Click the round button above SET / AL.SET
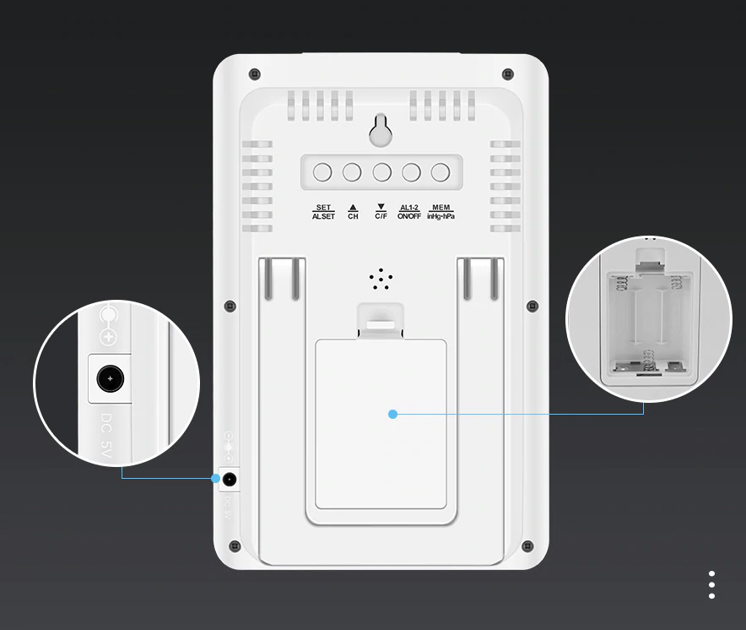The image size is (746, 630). pyautogui.click(x=322, y=172)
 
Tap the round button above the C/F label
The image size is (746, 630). pyautogui.click(x=381, y=172)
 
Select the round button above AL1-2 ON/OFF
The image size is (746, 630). pyautogui.click(x=411, y=172)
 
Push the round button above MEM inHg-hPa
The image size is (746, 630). pyautogui.click(x=440, y=172)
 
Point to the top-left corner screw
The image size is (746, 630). pyautogui.click(x=255, y=73)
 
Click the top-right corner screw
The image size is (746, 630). pyautogui.click(x=508, y=73)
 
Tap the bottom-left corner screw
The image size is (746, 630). pyautogui.click(x=235, y=546)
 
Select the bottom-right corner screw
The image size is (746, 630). pyautogui.click(x=527, y=546)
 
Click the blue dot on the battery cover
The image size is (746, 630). pyautogui.click(x=392, y=415)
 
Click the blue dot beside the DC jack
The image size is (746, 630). pyautogui.click(x=215, y=479)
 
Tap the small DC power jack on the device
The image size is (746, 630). pyautogui.click(x=230, y=479)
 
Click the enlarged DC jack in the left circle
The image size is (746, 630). pyautogui.click(x=110, y=378)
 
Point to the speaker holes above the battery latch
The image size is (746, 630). pyautogui.click(x=381, y=279)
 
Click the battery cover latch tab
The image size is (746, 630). pyautogui.click(x=381, y=322)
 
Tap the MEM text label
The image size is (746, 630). pyautogui.click(x=441, y=207)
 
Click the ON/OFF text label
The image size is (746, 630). pyautogui.click(x=409, y=216)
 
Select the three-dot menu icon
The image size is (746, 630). pyautogui.click(x=711, y=584)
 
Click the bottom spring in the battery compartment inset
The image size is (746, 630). pyautogui.click(x=648, y=361)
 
